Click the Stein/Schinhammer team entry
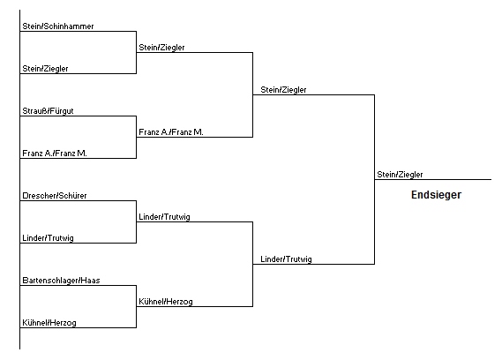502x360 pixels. coord(58,26)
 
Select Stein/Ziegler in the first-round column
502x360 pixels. coord(45,69)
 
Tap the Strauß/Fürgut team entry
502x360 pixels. coord(48,111)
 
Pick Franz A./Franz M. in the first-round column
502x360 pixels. coord(55,154)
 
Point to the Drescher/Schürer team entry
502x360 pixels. coord(55,196)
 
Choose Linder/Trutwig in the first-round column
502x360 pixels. coord(48,238)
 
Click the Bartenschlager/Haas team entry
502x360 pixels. coord(61,281)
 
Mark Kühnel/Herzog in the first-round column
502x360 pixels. coord(49,323)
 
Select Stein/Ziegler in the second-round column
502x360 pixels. coord(161,48)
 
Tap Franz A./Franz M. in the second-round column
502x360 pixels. coord(171,132)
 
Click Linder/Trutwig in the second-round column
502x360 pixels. coord(165,217)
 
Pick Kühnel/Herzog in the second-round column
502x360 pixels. coord(166,302)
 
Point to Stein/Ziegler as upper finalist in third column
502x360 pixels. coord(283,90)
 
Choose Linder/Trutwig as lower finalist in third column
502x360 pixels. coord(286,259)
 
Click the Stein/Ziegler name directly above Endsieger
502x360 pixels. coord(400,175)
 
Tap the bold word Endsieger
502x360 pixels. coord(436,195)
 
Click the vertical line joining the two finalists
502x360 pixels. coord(375,179)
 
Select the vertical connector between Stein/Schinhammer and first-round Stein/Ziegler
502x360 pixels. coord(137,53)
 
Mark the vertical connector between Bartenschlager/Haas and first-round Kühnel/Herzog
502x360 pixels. coord(137,306)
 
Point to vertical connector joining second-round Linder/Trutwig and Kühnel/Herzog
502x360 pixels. coord(253,264)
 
